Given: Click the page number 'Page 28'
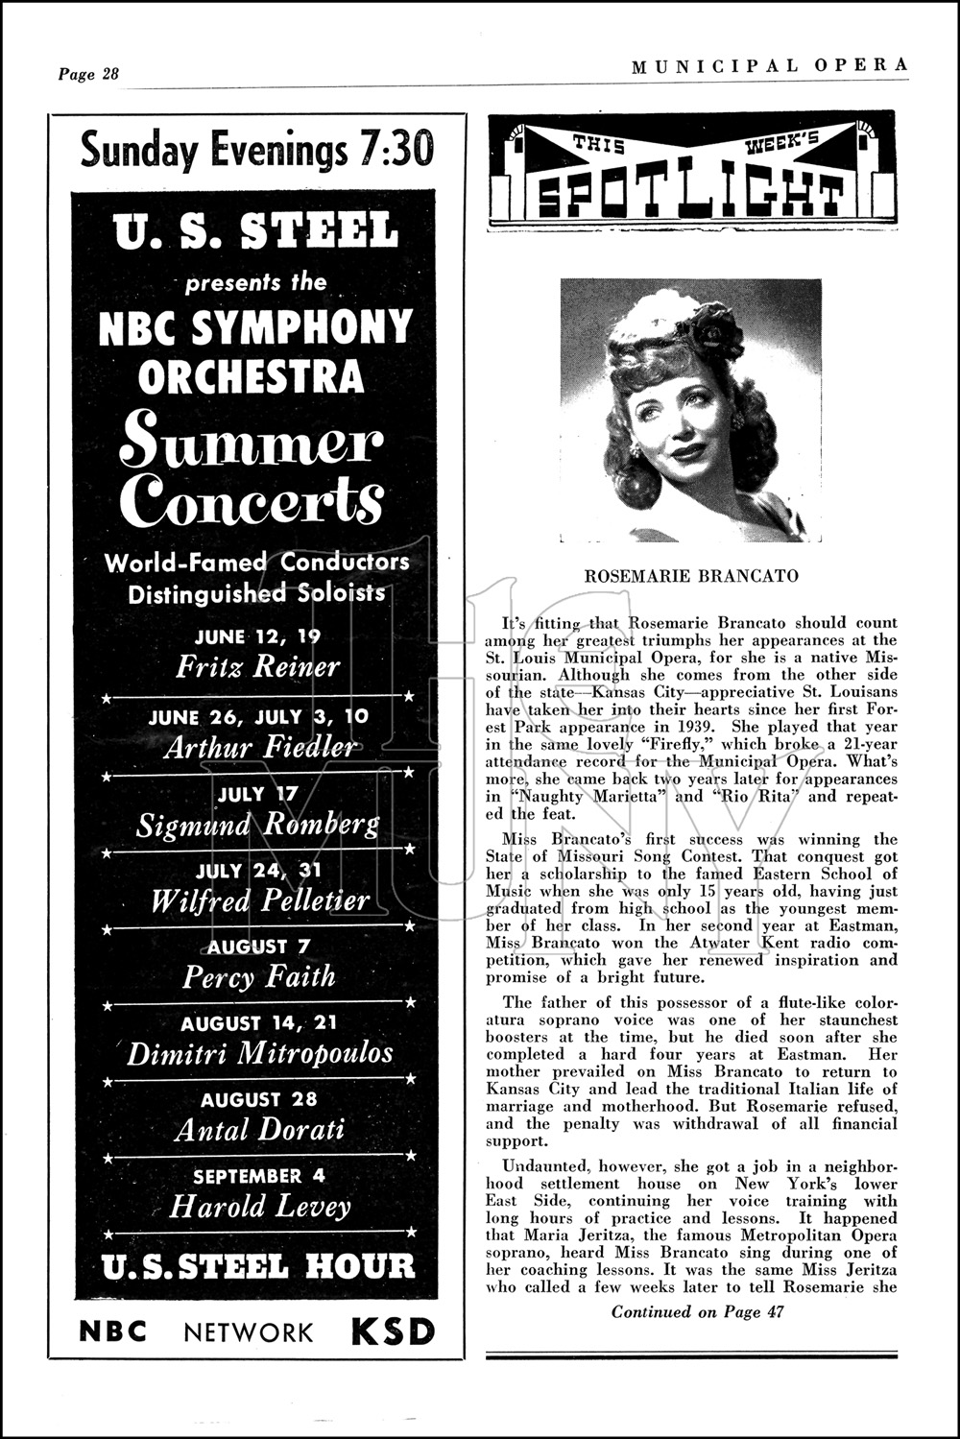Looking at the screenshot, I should tap(88, 74).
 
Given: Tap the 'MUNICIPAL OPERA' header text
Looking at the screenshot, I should tap(770, 65).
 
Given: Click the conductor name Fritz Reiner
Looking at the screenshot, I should tap(257, 666).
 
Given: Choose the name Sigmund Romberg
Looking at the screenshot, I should tap(257, 825).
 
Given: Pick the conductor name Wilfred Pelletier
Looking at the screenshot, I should tap(259, 900).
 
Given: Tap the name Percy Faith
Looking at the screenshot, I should tap(259, 977).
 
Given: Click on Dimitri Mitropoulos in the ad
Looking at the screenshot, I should tap(259, 1053).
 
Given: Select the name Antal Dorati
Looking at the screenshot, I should tap(259, 1130).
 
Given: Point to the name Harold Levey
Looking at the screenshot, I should tap(259, 1206).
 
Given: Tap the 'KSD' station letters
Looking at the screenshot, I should tap(393, 1331).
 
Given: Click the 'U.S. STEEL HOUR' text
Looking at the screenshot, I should tap(259, 1266).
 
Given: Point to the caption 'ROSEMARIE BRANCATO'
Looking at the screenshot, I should tap(691, 576).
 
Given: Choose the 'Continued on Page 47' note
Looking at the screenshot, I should tap(698, 1312).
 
